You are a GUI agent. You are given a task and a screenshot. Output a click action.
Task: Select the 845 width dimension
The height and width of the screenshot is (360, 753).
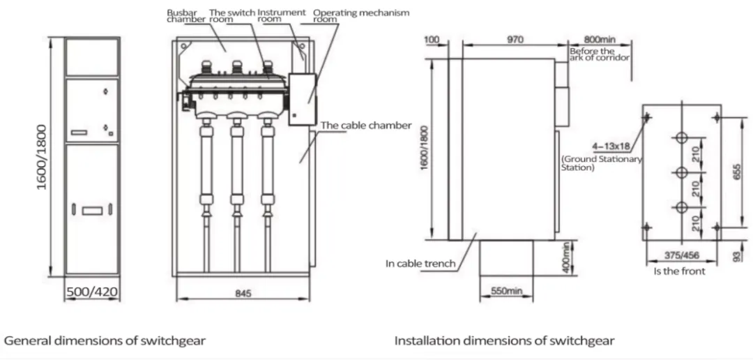242,294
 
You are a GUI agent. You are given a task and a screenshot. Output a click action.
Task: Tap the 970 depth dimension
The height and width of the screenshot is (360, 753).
515,40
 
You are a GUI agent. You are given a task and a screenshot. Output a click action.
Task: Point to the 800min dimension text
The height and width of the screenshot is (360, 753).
598,40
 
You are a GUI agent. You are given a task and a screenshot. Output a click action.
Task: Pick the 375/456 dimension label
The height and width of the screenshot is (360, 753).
682,255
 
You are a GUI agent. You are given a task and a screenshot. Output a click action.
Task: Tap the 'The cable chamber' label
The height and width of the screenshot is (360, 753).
366,126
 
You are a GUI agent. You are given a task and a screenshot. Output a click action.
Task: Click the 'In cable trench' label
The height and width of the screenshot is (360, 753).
420,264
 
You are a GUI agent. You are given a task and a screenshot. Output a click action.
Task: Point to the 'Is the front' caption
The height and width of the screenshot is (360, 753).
678,271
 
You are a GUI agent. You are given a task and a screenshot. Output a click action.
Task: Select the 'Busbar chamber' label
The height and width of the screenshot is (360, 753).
185,16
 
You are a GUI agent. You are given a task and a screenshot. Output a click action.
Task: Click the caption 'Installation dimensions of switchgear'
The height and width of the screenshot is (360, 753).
504,341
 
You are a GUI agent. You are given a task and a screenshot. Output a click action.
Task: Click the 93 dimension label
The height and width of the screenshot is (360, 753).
736,255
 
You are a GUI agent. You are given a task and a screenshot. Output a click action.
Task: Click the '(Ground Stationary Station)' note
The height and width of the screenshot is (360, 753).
601,164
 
